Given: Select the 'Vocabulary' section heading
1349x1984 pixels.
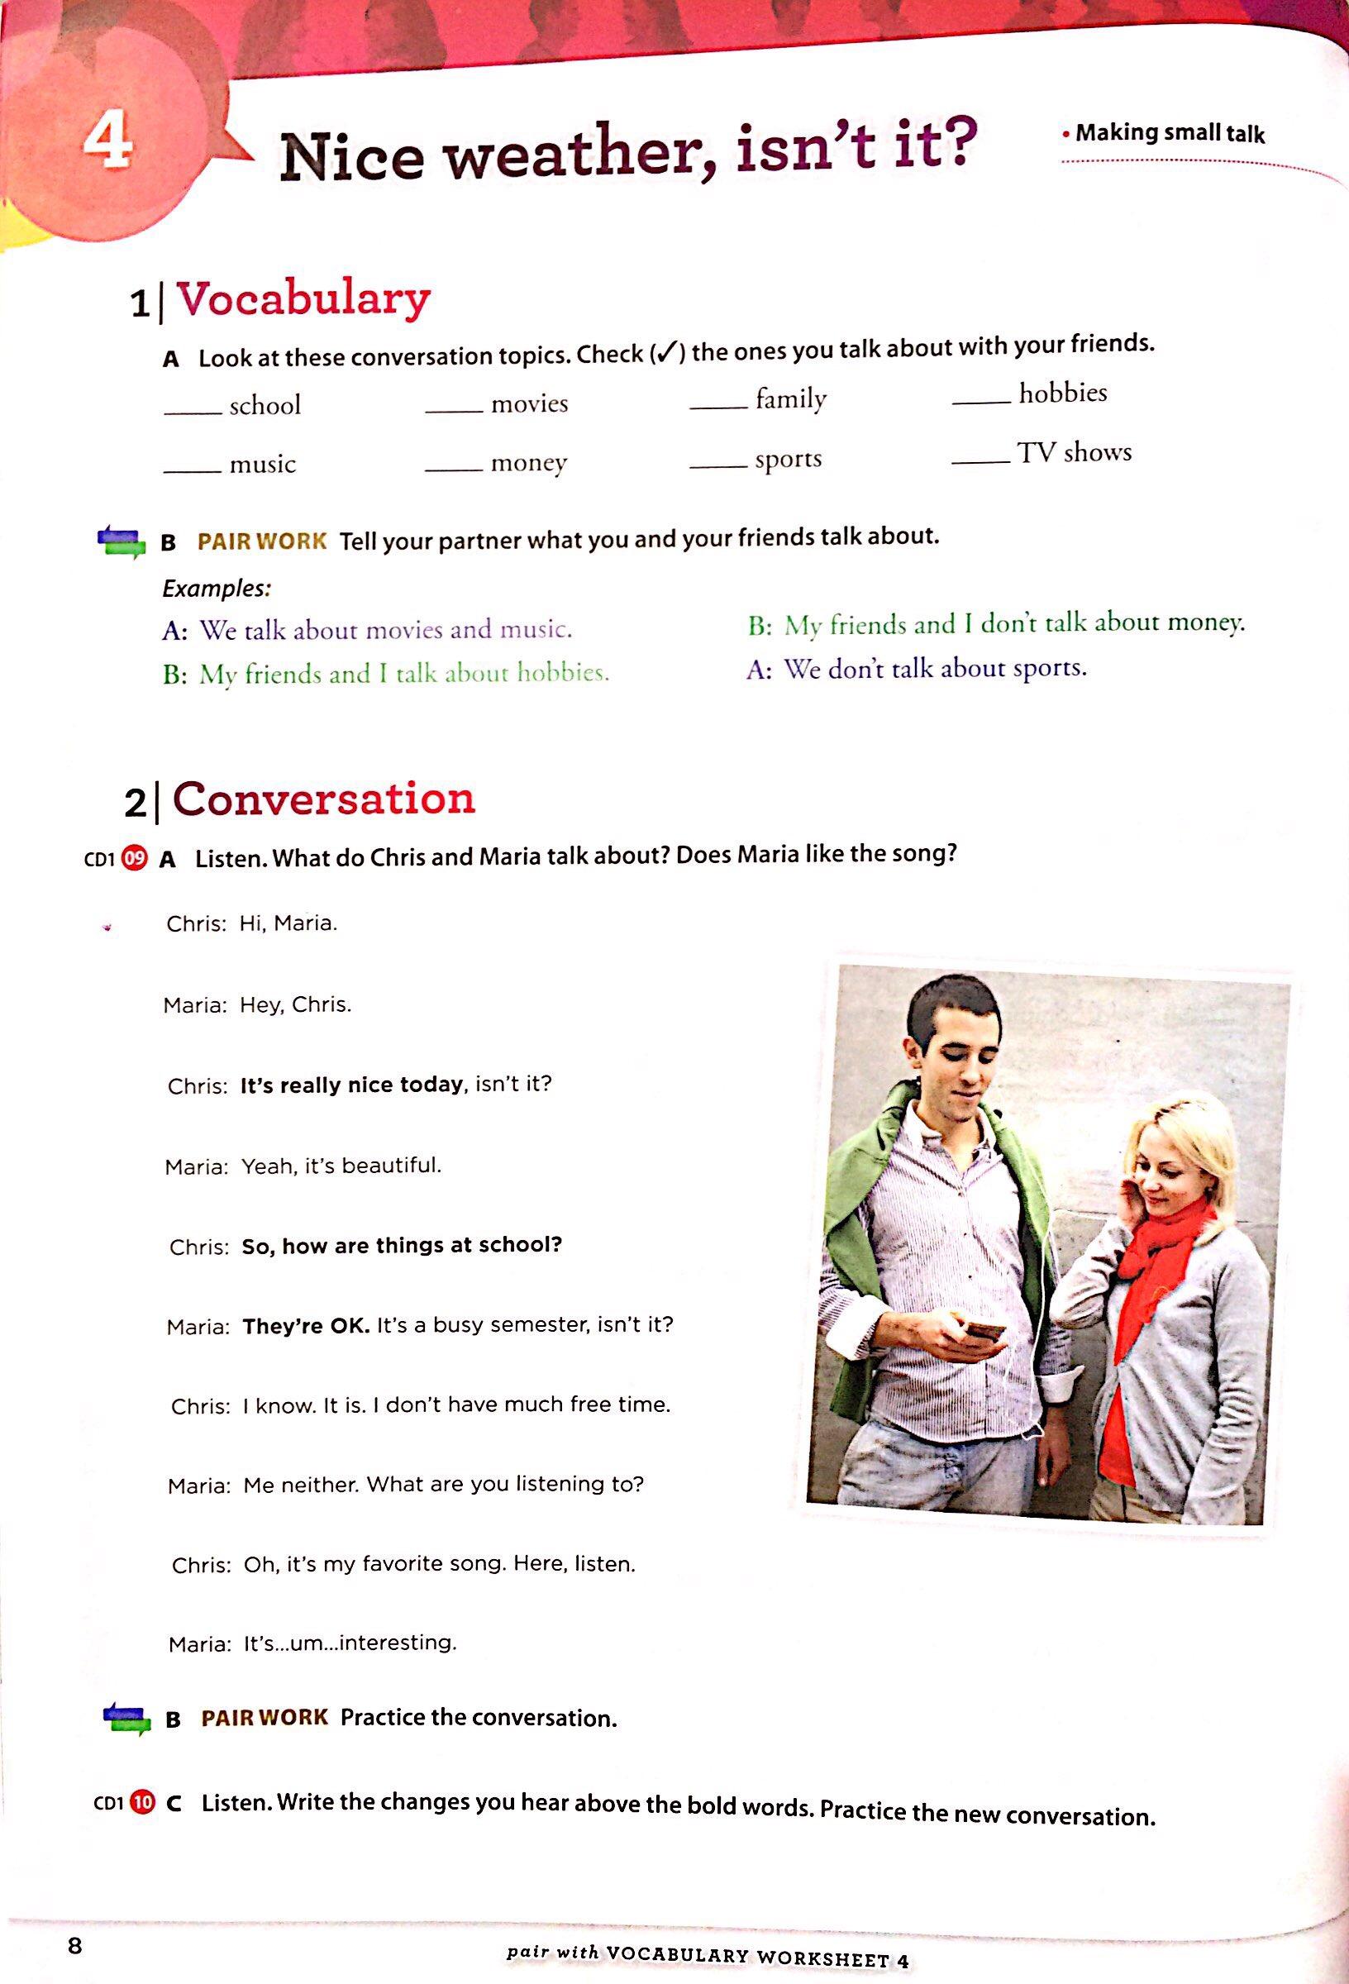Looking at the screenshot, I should (x=303, y=298).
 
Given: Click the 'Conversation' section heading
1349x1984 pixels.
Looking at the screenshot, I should (x=323, y=799).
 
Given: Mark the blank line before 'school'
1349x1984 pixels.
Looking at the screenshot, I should (x=192, y=413).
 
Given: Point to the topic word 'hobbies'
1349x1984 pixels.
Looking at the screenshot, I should (x=1062, y=393).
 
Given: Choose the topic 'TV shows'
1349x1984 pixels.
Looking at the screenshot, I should (x=1074, y=451).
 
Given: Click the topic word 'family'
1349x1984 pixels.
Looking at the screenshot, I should (x=790, y=398).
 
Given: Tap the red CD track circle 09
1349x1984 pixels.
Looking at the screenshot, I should (x=134, y=856).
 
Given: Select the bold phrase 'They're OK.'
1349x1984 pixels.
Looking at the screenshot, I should (x=306, y=1326).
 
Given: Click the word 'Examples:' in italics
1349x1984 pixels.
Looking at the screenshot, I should (x=217, y=589).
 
